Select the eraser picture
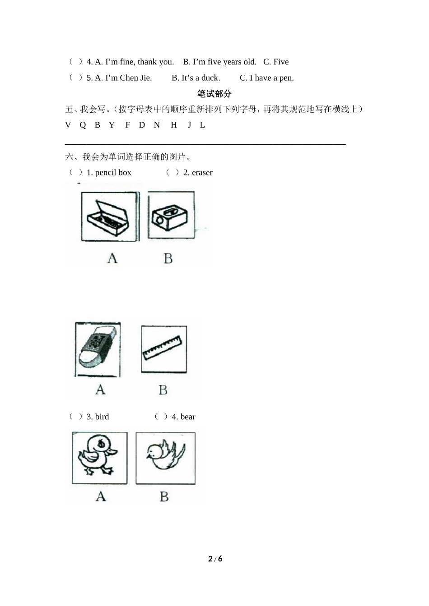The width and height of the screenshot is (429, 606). [98, 349]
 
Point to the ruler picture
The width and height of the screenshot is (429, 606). [163, 349]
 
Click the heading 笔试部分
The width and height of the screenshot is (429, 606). [214, 94]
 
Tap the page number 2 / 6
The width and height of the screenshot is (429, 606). [215, 559]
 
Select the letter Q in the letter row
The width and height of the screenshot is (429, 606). [83, 125]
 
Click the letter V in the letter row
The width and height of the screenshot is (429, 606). [68, 125]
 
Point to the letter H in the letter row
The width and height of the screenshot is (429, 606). [174, 125]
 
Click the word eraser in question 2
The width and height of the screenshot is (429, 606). [202, 173]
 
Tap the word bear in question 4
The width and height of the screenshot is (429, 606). [188, 417]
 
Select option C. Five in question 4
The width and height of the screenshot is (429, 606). [275, 62]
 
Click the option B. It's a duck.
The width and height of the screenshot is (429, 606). [196, 78]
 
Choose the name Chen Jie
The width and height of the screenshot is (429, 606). [135, 78]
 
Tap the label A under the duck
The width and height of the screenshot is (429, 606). [101, 496]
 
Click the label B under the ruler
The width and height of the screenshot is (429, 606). [163, 390]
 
